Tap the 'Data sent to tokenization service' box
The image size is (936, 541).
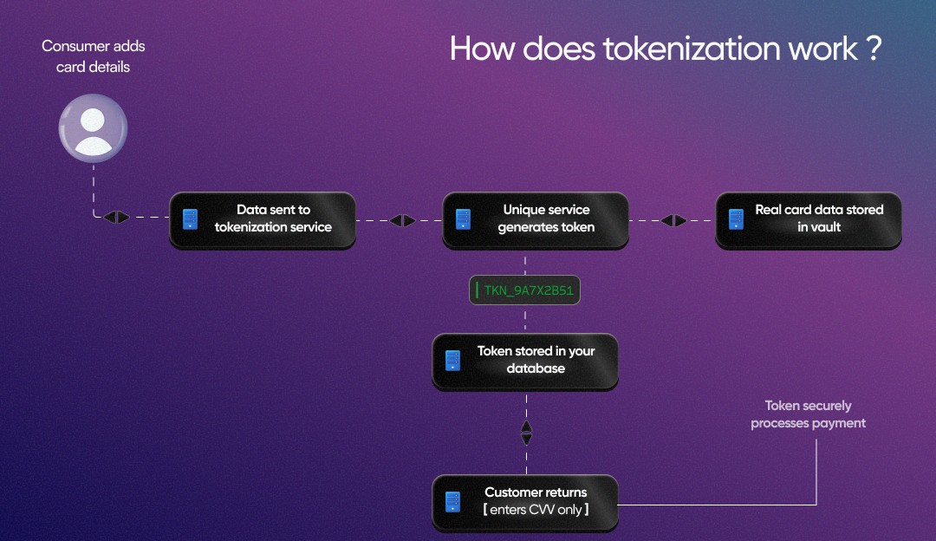[263, 219]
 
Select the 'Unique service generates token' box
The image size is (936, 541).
[536, 219]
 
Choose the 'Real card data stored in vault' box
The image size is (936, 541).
[809, 219]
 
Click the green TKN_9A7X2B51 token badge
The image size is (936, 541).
[525, 290]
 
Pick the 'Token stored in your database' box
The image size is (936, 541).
[525, 361]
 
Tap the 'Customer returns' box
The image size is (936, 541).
[525, 502]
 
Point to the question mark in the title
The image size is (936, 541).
[873, 49]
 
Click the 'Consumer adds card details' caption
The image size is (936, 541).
[93, 56]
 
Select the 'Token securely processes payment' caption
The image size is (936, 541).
[808, 414]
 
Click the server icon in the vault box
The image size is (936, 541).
[737, 219]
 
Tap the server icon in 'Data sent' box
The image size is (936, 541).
[190, 219]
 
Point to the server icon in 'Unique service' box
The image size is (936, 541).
[464, 219]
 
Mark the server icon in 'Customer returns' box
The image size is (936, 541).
[452, 502]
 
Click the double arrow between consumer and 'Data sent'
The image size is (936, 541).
[116, 218]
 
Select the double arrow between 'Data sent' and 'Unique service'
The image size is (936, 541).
[402, 221]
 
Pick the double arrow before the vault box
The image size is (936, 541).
[673, 221]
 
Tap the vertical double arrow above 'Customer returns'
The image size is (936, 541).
[526, 432]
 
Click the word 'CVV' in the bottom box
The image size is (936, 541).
[542, 510]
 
